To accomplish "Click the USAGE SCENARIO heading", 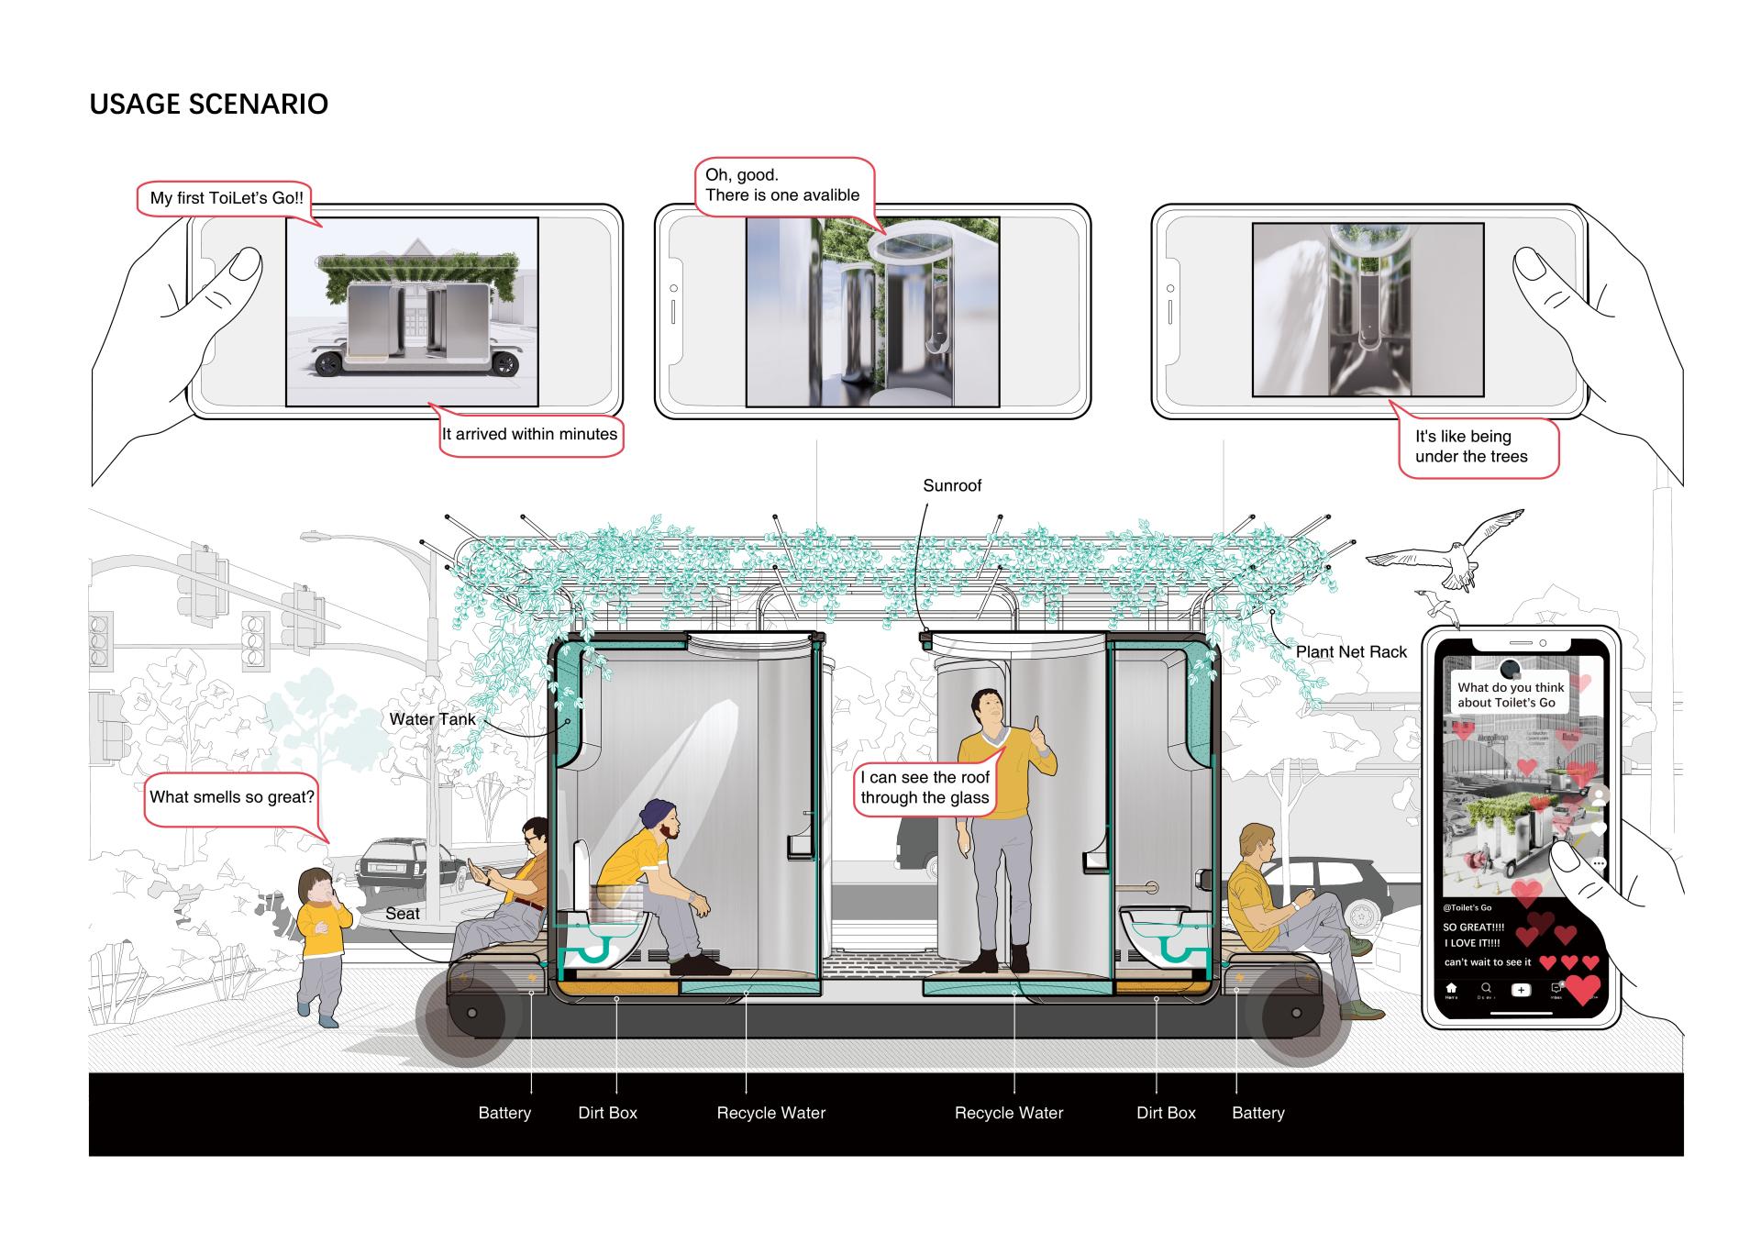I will [208, 104].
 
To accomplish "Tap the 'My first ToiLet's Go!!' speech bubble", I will [227, 198].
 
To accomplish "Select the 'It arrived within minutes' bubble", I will [529, 434].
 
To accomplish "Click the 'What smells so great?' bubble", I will [231, 797].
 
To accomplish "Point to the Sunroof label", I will [951, 485].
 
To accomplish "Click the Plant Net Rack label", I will [1350, 651].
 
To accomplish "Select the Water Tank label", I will [432, 719].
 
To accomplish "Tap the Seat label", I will [402, 914].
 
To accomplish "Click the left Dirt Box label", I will [607, 1113].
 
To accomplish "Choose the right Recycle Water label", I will [1008, 1113].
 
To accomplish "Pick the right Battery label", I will [1257, 1113].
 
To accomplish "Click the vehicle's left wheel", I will [471, 1014].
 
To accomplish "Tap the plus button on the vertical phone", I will [1521, 990].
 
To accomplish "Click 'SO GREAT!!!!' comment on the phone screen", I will [1473, 927].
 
